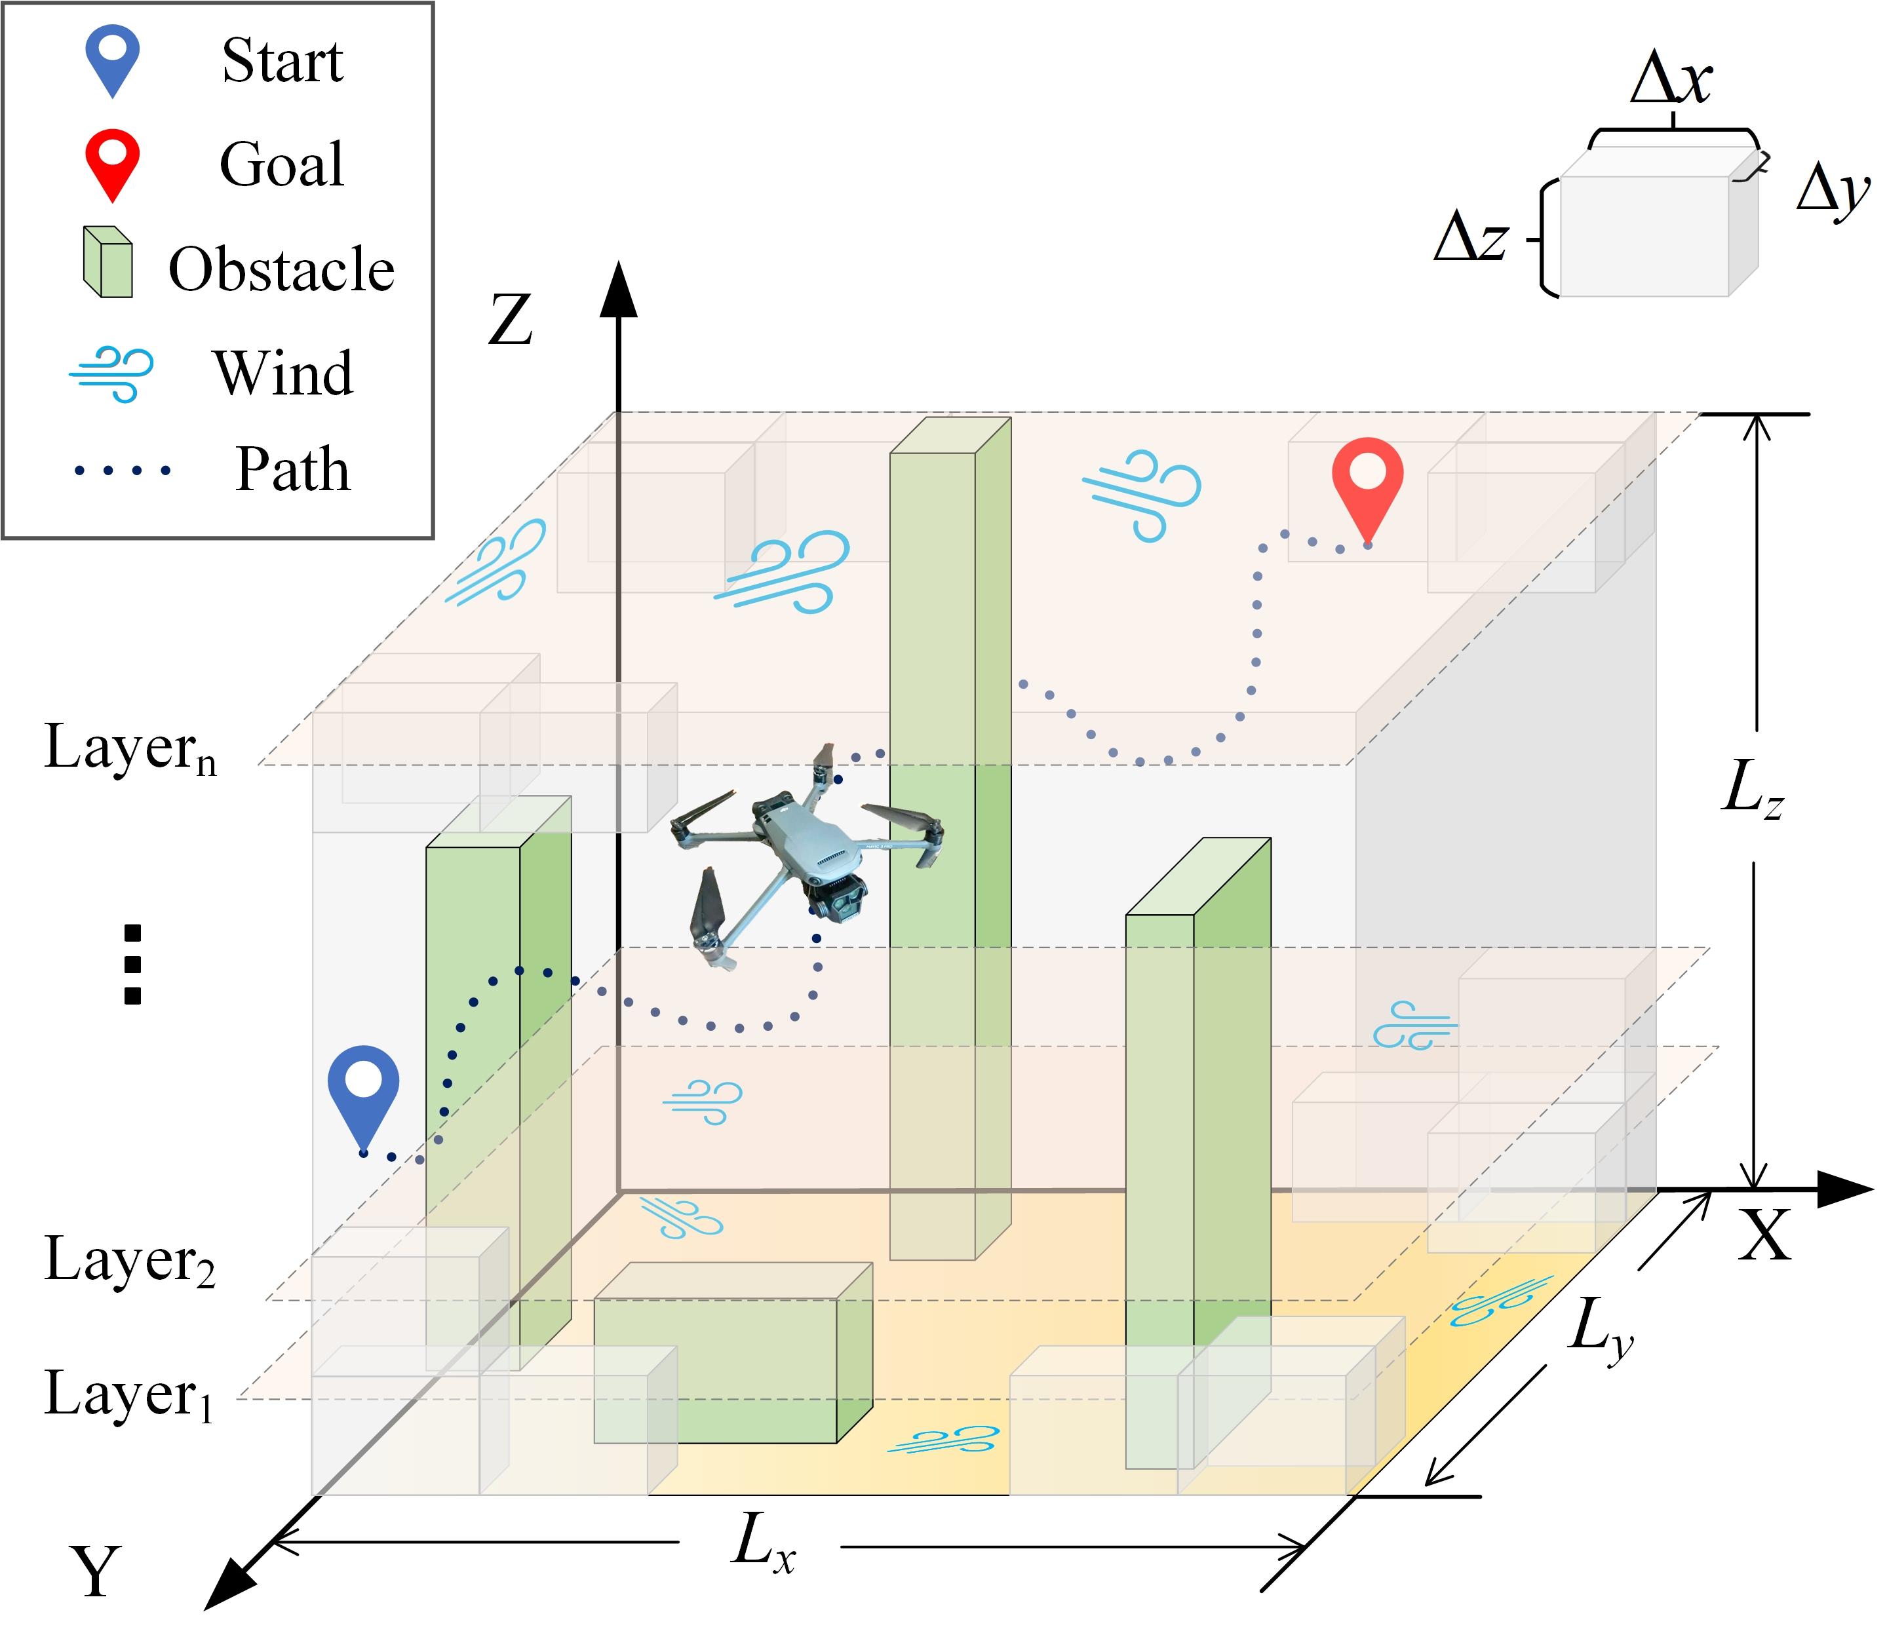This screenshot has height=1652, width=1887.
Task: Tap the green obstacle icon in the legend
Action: (108, 262)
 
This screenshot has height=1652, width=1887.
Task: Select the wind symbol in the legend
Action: (111, 374)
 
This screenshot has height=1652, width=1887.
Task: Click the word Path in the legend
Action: (292, 469)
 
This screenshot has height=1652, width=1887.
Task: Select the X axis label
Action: (1764, 1235)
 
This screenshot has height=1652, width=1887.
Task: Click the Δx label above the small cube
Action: (1671, 79)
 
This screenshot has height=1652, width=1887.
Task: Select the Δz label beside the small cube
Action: (1472, 237)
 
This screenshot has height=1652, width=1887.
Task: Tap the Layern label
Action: (130, 747)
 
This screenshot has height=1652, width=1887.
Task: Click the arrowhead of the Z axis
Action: (619, 290)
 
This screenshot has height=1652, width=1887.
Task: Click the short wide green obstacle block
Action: (733, 1353)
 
